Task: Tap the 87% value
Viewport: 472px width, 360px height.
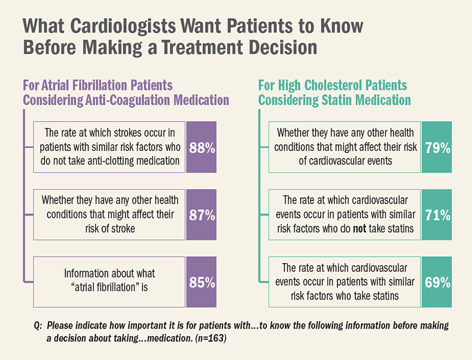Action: pyautogui.click(x=202, y=215)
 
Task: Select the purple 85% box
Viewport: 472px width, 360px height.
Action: pyautogui.click(x=202, y=282)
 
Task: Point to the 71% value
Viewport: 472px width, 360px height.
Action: pyautogui.click(x=437, y=215)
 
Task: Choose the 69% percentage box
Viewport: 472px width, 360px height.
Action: pyautogui.click(x=437, y=282)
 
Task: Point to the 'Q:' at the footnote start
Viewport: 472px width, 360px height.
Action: pyautogui.click(x=38, y=326)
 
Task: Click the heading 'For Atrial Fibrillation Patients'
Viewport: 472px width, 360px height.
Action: pyautogui.click(x=98, y=85)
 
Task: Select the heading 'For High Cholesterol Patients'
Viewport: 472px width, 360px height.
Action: pyautogui.click(x=332, y=85)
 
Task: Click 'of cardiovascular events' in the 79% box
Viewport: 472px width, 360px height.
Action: pyautogui.click(x=346, y=161)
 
